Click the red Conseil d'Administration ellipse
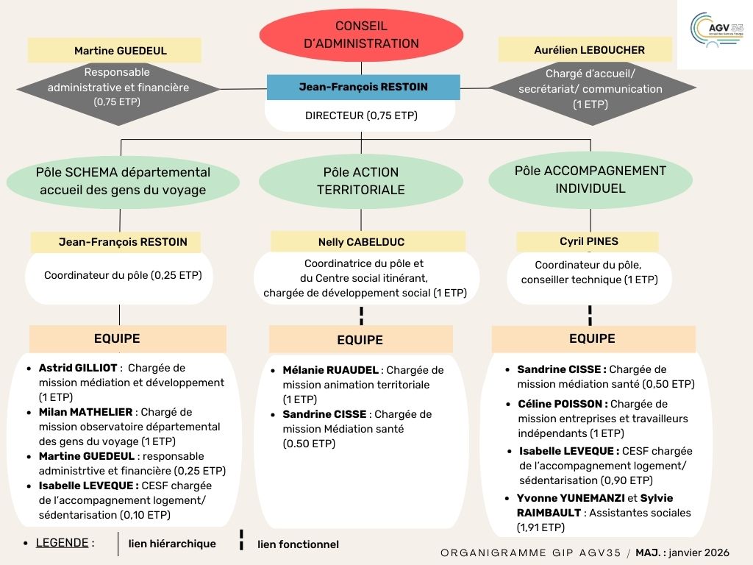(x=361, y=35)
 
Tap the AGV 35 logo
(x=716, y=31)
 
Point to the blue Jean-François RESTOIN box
(x=363, y=87)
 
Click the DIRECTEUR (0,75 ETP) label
(x=360, y=116)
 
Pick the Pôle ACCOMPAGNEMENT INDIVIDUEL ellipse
(x=590, y=180)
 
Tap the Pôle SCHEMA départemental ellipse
(x=123, y=182)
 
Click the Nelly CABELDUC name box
(x=361, y=242)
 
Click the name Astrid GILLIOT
(x=79, y=368)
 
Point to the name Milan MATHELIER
(x=86, y=412)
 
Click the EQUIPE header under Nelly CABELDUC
(x=360, y=340)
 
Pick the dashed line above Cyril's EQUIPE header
(x=590, y=315)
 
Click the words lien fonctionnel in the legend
(x=298, y=544)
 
